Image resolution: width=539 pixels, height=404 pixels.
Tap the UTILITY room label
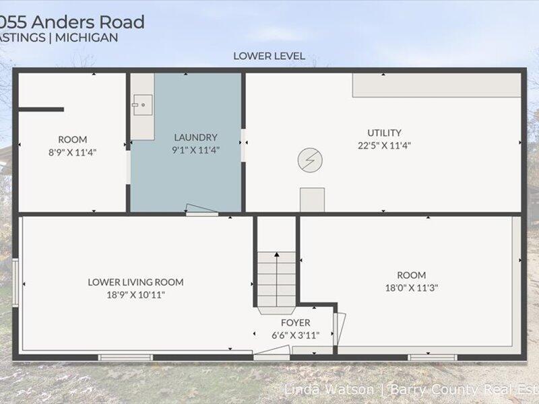384,133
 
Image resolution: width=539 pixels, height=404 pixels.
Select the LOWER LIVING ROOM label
135,282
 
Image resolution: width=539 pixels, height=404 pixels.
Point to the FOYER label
296,323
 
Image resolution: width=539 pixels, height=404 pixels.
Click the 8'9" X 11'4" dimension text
73,152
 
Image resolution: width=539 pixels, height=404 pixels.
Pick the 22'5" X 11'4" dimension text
384,145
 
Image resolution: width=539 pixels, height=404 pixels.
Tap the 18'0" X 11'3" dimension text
411,288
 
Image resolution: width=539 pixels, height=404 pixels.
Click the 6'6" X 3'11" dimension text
296,335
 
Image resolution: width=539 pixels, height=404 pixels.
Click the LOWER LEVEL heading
269,56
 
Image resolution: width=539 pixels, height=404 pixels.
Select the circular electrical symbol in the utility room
310,160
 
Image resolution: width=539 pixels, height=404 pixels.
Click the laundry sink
141,105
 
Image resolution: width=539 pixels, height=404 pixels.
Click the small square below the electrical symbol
312,199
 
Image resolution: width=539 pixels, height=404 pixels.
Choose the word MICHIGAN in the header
89,38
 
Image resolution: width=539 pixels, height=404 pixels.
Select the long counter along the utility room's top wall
437,85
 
